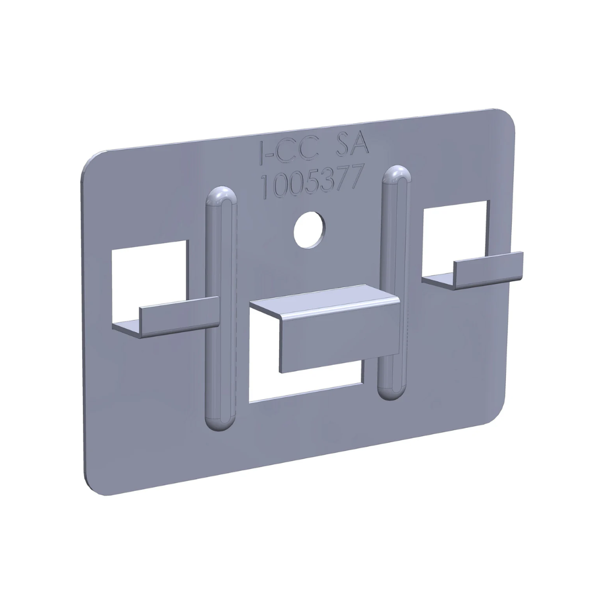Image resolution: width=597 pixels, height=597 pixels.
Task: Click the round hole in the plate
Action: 309,229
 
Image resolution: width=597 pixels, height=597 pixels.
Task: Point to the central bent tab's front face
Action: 338,337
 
